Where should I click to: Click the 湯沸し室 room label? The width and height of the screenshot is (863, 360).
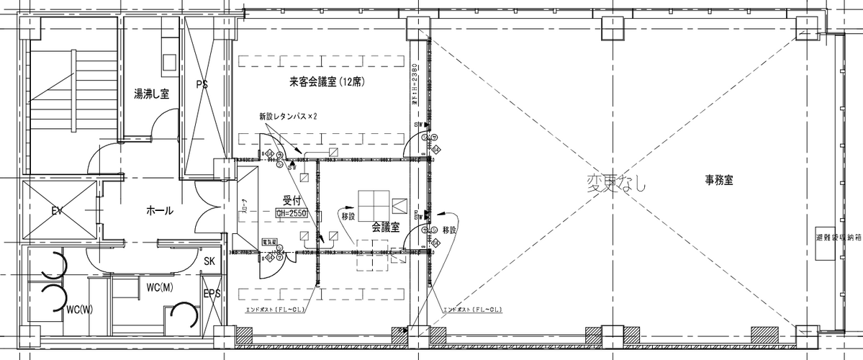coord(151,94)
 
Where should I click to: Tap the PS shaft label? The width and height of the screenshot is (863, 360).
coord(202,84)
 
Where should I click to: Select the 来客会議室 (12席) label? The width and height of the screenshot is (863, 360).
coord(327,82)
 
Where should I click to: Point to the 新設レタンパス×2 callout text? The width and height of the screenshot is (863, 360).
coord(288,116)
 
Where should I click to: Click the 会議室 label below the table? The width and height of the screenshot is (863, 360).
coord(385,226)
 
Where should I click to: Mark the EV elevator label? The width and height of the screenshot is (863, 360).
coord(58,211)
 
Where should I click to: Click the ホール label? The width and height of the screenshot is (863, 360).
coord(159,211)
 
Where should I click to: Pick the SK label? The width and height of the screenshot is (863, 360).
coord(210,261)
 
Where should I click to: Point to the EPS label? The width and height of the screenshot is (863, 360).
coord(212,294)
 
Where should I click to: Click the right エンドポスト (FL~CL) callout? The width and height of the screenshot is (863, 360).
coord(472,310)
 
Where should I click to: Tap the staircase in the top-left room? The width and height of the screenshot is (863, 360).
coord(72,101)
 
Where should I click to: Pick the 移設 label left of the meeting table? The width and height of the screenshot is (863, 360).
coord(348,216)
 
